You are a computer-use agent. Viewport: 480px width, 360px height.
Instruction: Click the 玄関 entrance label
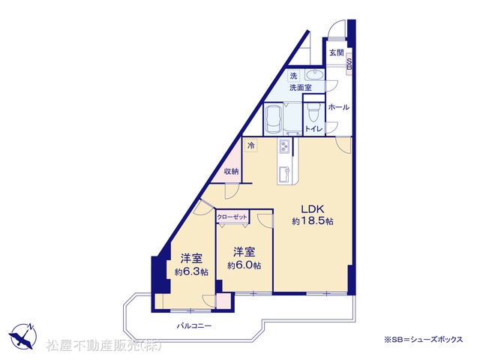(337, 52)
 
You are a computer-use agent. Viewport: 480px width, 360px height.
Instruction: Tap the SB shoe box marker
(349, 64)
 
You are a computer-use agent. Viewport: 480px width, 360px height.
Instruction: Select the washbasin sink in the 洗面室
(315, 75)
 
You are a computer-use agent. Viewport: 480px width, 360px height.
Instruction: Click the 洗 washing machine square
(293, 76)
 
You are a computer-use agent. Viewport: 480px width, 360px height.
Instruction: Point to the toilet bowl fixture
(313, 112)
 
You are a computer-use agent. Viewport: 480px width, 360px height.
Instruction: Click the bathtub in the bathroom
(274, 118)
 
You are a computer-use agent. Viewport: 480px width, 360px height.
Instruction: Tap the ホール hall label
(338, 107)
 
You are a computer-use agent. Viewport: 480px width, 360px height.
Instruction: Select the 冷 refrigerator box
(251, 145)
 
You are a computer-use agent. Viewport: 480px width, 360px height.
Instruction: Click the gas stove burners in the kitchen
(284, 146)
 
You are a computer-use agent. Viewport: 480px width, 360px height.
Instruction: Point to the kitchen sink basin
(284, 175)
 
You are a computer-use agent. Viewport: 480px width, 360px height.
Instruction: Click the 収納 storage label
(231, 172)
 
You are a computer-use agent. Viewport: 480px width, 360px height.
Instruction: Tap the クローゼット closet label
(232, 217)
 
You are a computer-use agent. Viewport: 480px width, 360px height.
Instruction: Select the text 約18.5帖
(313, 221)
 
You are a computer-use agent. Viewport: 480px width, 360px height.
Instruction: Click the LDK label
(313, 209)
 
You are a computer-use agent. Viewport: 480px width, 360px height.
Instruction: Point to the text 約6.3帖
(192, 271)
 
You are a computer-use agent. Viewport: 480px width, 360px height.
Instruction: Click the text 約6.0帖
(244, 265)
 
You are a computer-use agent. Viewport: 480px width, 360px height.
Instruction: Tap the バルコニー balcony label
(194, 325)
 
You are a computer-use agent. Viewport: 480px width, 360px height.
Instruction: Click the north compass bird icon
(22, 336)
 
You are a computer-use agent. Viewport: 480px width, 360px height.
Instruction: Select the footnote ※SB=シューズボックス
(424, 339)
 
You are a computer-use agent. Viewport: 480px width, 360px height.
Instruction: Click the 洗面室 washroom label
(301, 88)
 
